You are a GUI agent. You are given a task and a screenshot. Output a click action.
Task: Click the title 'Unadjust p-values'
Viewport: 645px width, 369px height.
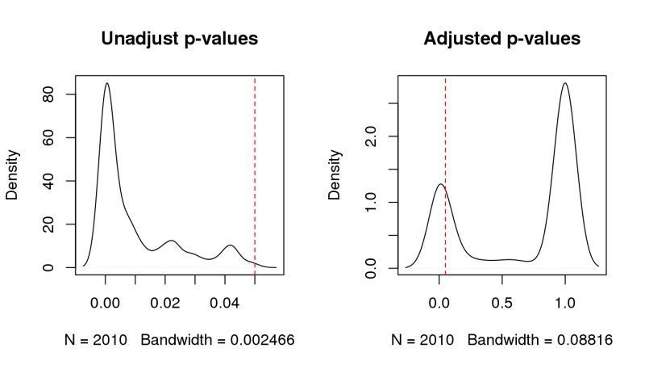click(179, 39)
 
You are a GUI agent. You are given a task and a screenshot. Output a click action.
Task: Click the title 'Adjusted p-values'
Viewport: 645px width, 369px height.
click(501, 39)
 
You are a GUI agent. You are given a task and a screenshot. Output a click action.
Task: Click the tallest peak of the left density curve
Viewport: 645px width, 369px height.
click(106, 83)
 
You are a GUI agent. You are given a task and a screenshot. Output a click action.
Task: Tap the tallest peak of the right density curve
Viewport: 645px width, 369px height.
click(565, 83)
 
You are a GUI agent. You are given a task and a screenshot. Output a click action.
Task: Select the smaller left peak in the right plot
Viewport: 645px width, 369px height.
click(439, 184)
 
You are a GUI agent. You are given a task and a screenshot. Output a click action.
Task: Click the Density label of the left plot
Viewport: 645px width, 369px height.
click(12, 174)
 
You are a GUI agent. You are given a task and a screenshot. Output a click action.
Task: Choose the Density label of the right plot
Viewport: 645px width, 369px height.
click(335, 174)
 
